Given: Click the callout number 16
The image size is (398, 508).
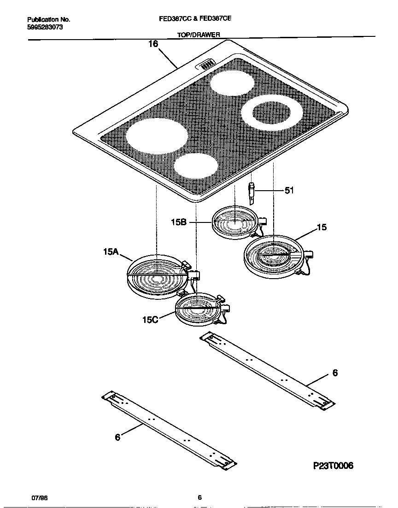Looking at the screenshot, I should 153,44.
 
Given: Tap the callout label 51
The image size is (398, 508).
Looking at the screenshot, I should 289,190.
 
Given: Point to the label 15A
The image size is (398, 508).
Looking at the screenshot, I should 111,251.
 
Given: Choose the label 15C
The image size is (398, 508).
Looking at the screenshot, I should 150,319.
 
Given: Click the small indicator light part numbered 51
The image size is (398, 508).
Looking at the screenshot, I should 252,193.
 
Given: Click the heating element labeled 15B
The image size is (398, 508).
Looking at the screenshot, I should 234,222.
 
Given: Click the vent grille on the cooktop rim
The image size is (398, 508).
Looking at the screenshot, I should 207,64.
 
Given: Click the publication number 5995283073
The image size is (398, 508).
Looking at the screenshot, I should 46,28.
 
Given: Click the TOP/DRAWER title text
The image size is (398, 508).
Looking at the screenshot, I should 199,35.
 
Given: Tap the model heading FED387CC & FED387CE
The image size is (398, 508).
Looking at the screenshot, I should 199,20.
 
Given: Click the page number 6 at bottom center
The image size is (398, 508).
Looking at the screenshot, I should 199,497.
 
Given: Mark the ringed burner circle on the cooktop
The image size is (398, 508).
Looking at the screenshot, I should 272,112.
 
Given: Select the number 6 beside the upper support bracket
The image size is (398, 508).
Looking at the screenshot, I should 335,373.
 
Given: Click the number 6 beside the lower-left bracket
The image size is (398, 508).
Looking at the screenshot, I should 117,438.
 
